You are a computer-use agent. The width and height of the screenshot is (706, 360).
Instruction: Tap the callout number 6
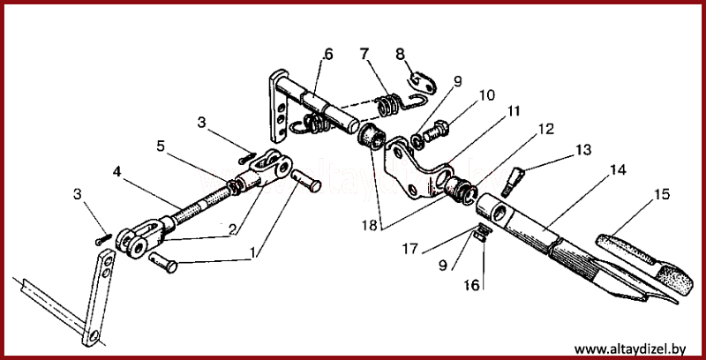coord(328,54)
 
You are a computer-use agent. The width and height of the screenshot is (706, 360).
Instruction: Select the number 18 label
coord(370,226)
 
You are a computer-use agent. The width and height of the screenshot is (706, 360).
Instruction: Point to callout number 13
coord(582,150)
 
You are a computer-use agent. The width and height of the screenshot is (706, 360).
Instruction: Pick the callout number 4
coord(117,172)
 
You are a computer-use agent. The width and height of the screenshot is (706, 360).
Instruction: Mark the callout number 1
coord(254,253)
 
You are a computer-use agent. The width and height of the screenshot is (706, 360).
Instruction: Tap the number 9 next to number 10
coord(458,82)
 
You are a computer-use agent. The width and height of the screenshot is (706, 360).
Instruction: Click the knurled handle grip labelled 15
coord(644,263)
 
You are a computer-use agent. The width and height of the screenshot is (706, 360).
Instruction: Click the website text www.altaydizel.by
coord(630,349)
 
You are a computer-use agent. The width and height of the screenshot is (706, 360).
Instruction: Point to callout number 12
coord(545,130)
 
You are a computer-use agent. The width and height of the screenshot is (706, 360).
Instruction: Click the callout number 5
coord(161,146)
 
